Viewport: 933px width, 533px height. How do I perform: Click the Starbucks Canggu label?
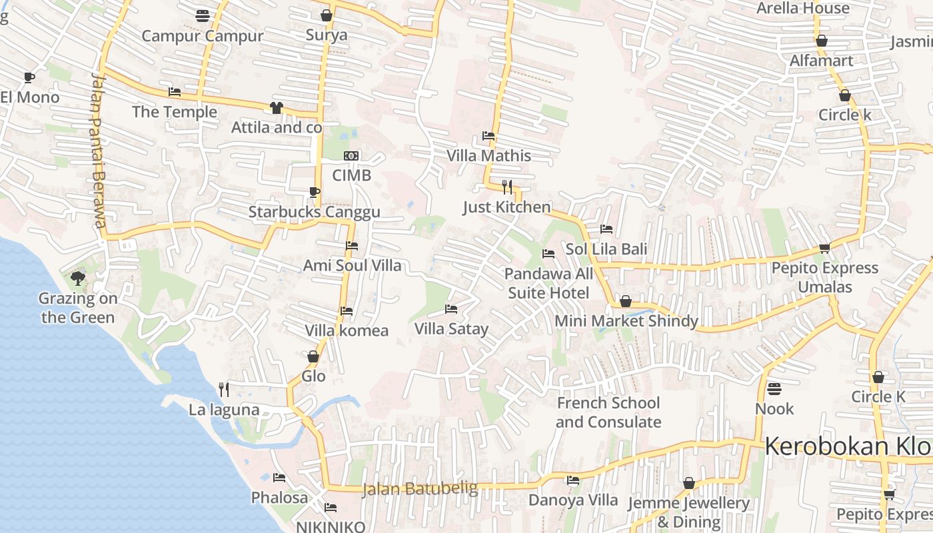314,212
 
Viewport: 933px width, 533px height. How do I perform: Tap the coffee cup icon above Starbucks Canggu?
314,193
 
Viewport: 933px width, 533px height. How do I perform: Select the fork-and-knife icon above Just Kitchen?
507,187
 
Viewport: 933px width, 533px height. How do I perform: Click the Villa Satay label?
451,328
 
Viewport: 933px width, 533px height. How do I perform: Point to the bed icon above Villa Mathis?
488,136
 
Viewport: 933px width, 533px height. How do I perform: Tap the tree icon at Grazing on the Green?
78,278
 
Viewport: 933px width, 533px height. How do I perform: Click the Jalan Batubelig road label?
420,489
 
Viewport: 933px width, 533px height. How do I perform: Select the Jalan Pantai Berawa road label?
98,149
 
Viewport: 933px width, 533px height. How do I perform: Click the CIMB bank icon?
351,156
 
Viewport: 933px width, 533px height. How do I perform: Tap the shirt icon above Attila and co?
277,108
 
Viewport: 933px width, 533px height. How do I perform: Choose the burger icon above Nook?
774,388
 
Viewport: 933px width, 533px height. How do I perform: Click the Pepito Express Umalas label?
824,277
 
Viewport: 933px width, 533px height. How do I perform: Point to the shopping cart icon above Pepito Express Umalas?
824,249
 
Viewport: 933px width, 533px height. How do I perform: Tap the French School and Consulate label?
608,412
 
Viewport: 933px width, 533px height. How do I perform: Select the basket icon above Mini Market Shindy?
626,302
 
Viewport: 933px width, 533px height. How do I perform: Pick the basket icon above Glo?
313,357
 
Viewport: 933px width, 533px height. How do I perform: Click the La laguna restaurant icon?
224,389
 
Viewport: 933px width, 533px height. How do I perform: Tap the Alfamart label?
821,61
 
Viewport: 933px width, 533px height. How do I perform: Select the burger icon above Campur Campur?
203,15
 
